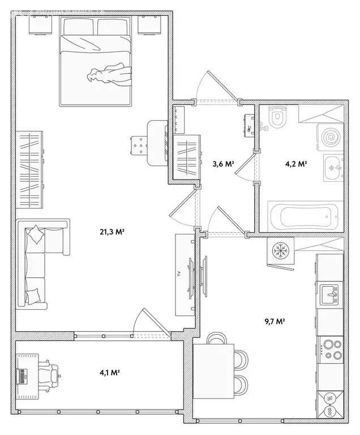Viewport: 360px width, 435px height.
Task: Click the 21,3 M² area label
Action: pyautogui.click(x=113, y=232)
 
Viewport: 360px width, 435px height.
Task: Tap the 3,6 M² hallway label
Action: pyautogui.click(x=223, y=164)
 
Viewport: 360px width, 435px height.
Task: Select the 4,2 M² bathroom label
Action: pyautogui.click(x=295, y=164)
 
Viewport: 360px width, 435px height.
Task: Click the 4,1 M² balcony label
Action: pyautogui.click(x=108, y=372)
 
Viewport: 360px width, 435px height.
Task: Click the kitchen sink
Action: pyautogui.click(x=329, y=294)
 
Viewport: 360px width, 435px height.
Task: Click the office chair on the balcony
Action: pyautogui.click(x=52, y=374)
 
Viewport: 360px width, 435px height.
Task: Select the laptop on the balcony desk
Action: pyautogui.click(x=23, y=374)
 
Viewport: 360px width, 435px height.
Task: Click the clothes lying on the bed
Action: pyautogui.click(x=111, y=74)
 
